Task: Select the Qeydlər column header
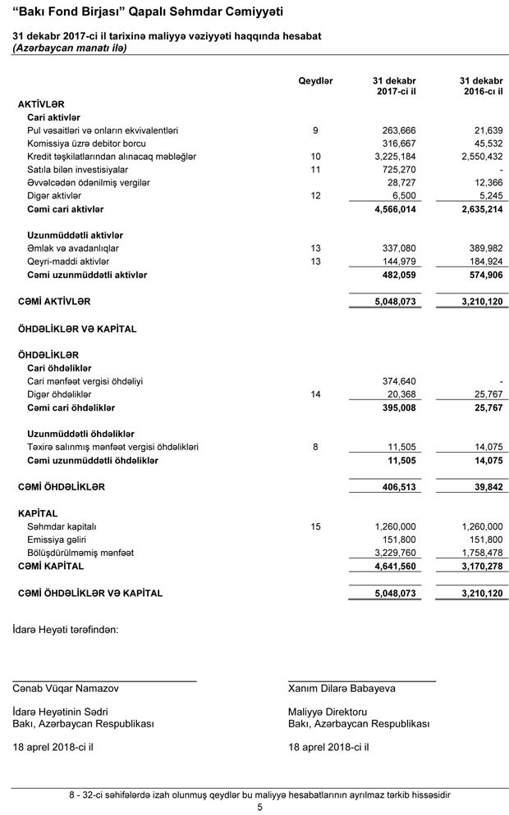point(315,81)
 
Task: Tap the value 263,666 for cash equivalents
point(398,130)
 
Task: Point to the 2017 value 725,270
point(398,169)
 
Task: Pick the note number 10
point(315,156)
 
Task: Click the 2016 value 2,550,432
point(476,156)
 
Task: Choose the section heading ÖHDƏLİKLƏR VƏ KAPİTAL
point(77,329)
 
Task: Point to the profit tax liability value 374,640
point(398,381)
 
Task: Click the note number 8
point(315,447)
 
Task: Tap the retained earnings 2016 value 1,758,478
point(476,553)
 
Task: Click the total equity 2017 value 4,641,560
point(394,566)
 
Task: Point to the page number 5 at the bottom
point(259,807)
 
